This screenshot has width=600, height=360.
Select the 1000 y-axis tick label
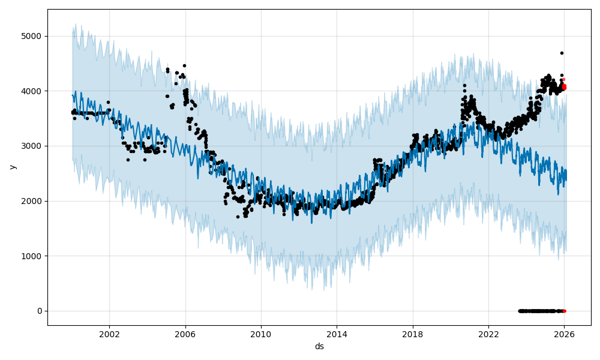click(x=32, y=256)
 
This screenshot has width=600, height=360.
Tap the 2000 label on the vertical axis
click(x=32, y=201)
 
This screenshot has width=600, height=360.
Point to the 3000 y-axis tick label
click(x=32, y=146)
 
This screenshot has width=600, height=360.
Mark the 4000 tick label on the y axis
click(x=32, y=91)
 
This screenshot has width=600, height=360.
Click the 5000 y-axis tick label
click(x=32, y=36)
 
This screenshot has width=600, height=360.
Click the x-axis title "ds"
click(x=319, y=347)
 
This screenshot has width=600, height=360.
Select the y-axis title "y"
click(x=12, y=167)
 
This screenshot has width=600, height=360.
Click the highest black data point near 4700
click(x=562, y=53)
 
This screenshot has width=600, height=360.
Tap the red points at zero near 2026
click(x=563, y=311)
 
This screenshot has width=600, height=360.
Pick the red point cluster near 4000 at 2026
click(x=563, y=88)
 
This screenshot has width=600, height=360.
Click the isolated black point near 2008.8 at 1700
click(x=238, y=217)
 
